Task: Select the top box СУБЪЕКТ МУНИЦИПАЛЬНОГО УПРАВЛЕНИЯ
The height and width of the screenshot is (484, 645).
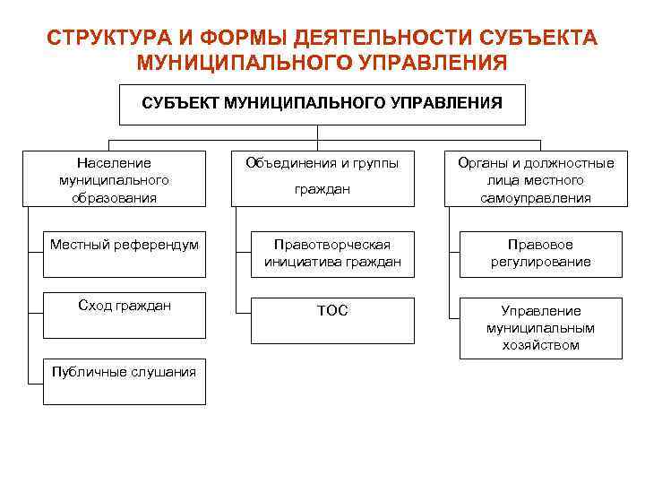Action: (322, 104)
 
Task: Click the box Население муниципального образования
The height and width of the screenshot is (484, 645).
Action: (114, 179)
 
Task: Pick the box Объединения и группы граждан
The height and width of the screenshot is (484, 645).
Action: (322, 177)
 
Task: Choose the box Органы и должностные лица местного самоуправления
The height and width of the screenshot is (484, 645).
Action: (536, 179)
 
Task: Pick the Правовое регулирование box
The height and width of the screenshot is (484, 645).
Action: (540, 254)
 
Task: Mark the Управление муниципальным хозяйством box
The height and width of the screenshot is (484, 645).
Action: (540, 327)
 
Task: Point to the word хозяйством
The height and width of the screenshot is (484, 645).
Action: (540, 345)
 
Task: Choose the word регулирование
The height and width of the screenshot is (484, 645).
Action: (540, 262)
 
